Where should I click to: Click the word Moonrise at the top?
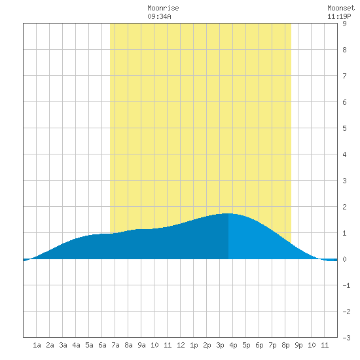point(163,8)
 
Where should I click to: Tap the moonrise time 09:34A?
point(159,16)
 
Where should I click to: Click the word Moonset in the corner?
point(341,8)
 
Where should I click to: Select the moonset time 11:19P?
point(339,16)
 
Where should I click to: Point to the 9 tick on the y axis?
point(344,24)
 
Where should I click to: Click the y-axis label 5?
point(344,128)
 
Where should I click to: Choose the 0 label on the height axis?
point(344,259)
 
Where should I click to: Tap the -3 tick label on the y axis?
point(346,338)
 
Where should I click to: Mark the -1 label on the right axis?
point(346,285)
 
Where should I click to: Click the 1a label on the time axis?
point(37,345)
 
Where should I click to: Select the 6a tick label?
point(102,345)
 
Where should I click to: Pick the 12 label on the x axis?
point(181,345)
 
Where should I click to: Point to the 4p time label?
point(233,345)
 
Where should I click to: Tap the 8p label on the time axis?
point(285,345)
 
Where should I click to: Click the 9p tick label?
point(298,345)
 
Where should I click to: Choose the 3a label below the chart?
point(63,345)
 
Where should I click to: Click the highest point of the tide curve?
point(228,213)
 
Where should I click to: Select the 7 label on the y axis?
point(344,76)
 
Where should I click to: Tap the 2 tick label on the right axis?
point(344,207)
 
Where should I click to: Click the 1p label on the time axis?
point(194,345)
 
